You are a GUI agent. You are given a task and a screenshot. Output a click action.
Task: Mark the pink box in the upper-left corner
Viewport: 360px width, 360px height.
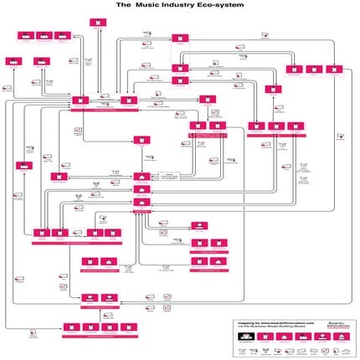(25, 37)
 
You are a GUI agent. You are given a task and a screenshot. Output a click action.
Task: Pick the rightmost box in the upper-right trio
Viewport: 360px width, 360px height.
(336, 69)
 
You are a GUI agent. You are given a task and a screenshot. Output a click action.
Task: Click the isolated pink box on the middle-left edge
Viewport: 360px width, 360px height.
(20, 166)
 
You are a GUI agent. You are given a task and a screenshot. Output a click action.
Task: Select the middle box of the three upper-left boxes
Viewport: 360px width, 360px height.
(39, 61)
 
